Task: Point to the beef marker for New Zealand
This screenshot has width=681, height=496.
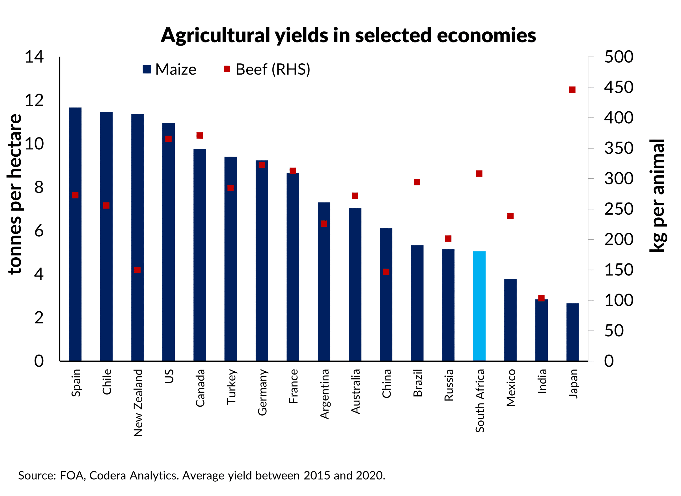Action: pyautogui.click(x=138, y=270)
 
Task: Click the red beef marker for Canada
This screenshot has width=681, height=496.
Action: pyautogui.click(x=200, y=136)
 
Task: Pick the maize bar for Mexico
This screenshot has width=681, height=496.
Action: pyautogui.click(x=510, y=320)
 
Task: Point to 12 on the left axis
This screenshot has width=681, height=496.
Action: pyautogui.click(x=34, y=100)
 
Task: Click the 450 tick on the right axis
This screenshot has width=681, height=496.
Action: pyautogui.click(x=618, y=87)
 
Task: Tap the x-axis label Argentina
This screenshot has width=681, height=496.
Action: pyautogui.click(x=324, y=394)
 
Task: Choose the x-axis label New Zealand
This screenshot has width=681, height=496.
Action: pyautogui.click(x=138, y=403)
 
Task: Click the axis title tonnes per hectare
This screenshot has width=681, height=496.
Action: pyautogui.click(x=15, y=194)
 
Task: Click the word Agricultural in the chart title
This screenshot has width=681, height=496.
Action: pyautogui.click(x=215, y=35)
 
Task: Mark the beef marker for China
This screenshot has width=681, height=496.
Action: pyautogui.click(x=386, y=272)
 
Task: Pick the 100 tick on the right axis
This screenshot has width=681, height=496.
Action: pyautogui.click(x=618, y=300)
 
